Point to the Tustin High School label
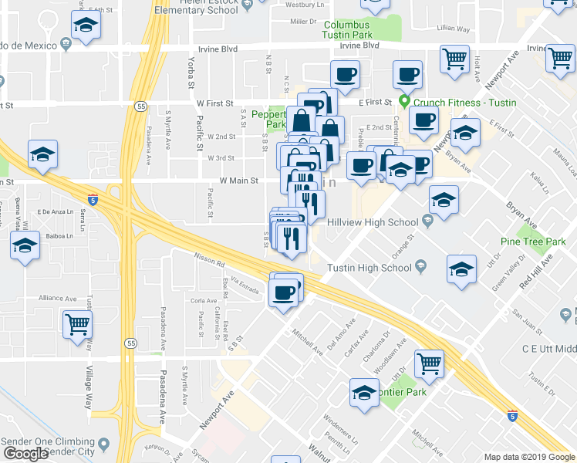[369, 268]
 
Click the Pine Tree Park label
[533, 242]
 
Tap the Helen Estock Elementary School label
[195, 7]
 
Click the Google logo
[25, 453]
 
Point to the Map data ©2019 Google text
[530, 457]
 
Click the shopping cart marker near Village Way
[78, 325]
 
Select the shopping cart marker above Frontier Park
[430, 363]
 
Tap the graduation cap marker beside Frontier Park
[365, 391]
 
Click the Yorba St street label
[190, 66]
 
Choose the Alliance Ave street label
[57, 298]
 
